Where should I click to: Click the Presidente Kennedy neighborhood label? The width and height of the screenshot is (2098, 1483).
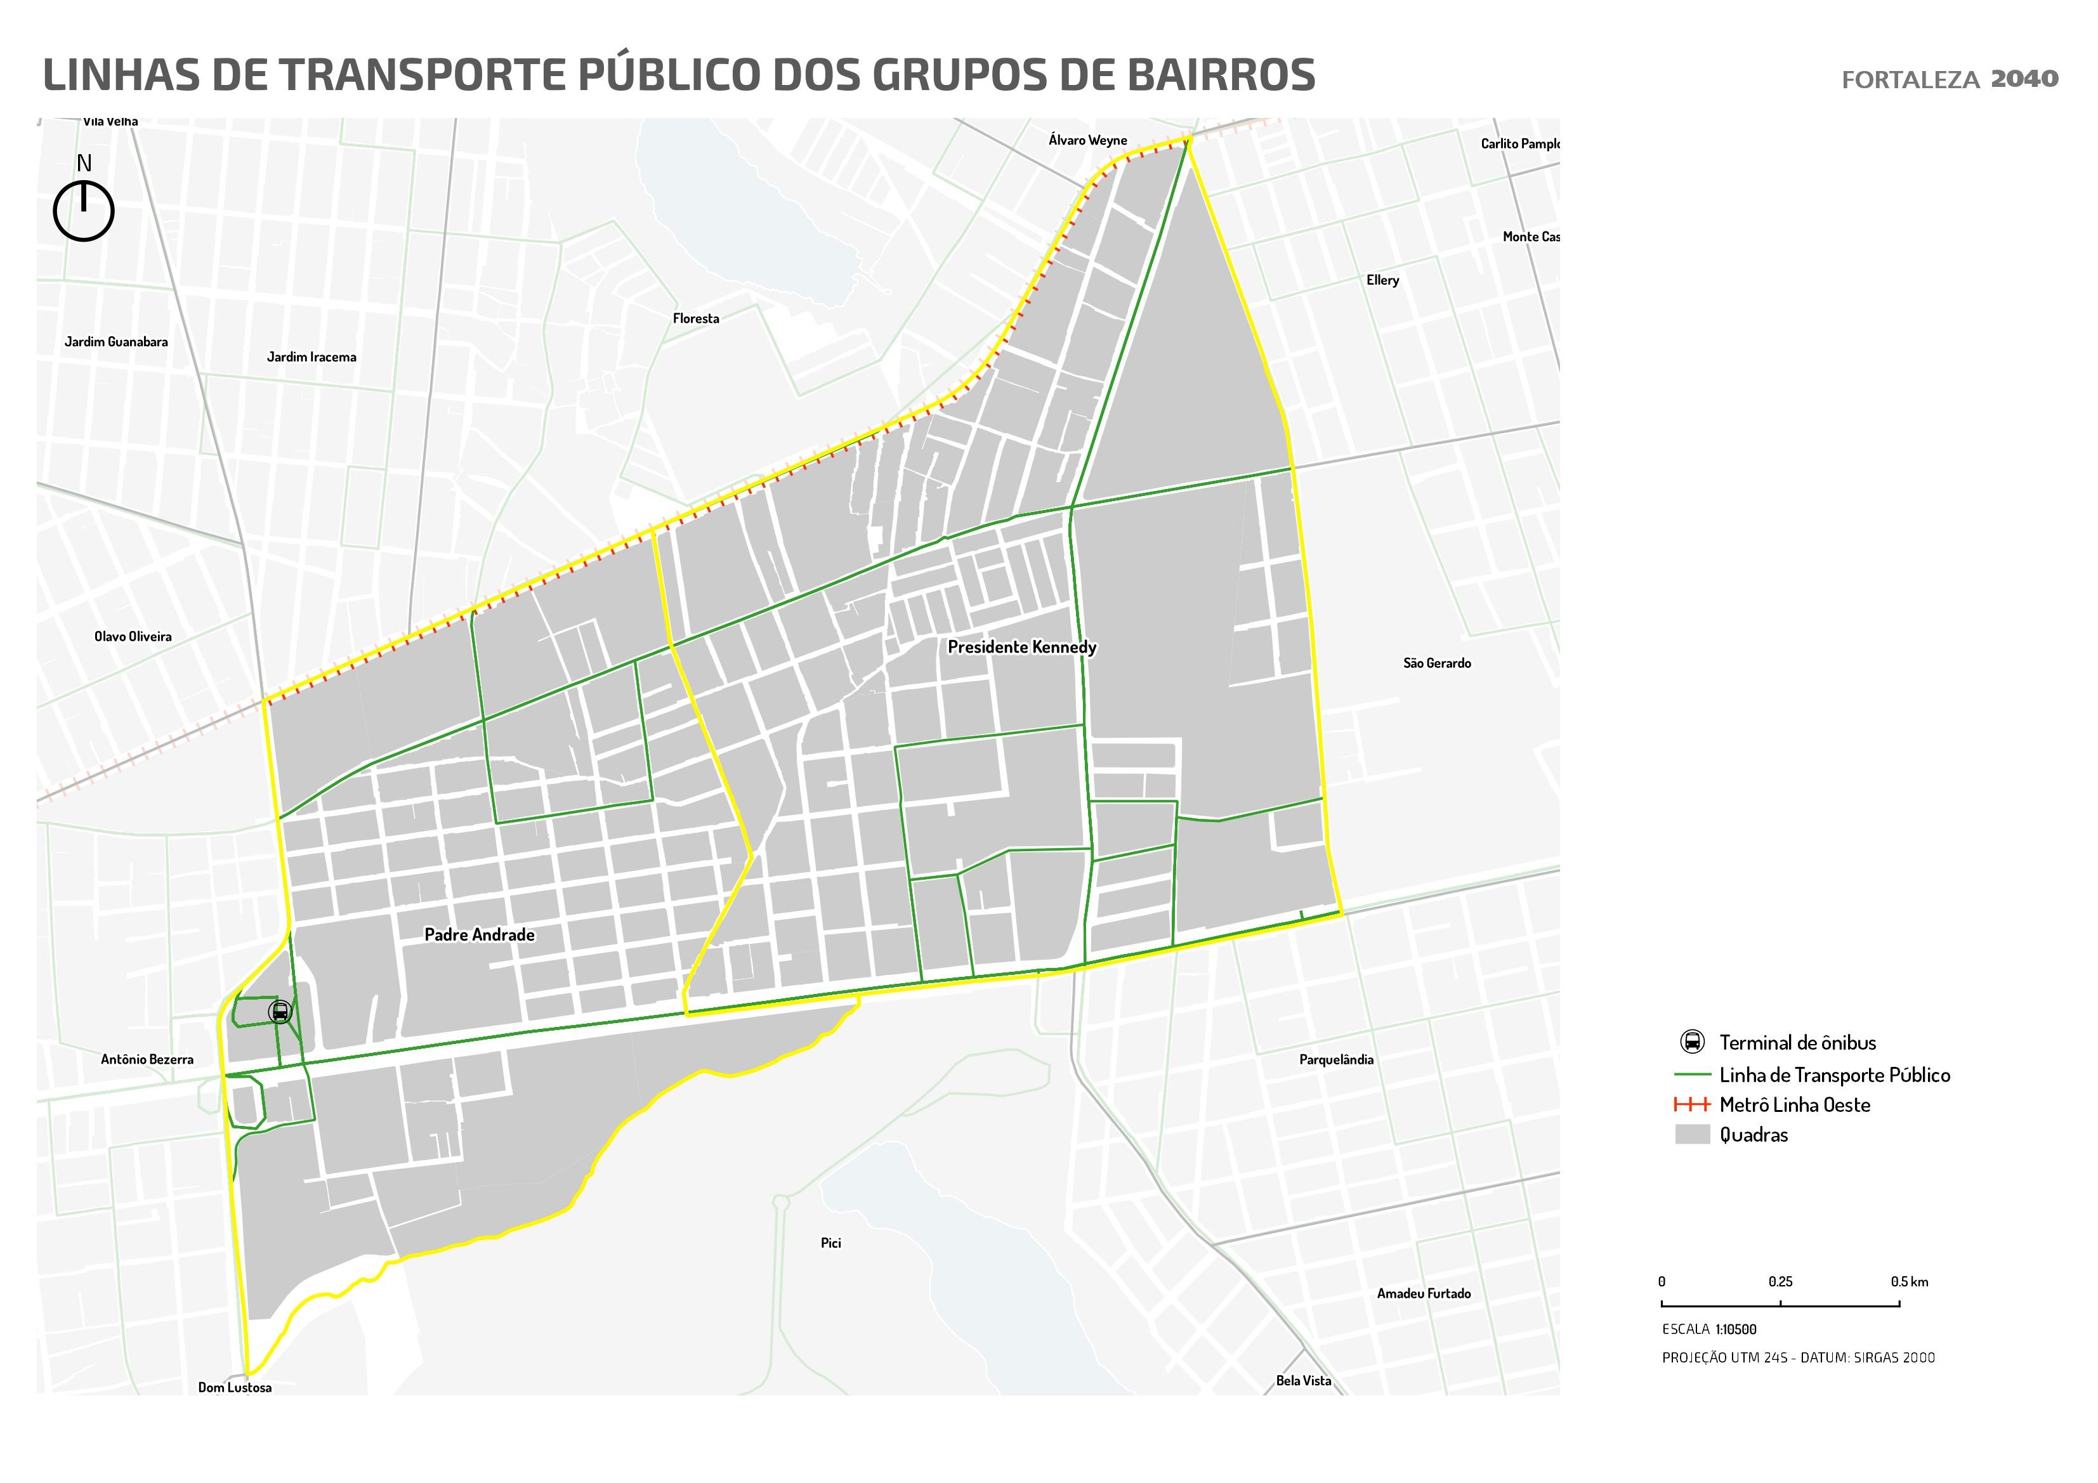pyautogui.click(x=1021, y=647)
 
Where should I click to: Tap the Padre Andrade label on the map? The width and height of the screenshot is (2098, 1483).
pyautogui.click(x=479, y=935)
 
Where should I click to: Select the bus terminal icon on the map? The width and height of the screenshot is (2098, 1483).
pyautogui.click(x=280, y=1012)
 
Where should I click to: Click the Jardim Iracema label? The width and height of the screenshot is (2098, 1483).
pyautogui.click(x=311, y=357)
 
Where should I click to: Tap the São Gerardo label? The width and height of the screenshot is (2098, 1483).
pyautogui.click(x=1436, y=663)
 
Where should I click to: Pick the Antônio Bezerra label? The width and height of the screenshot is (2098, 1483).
pyautogui.click(x=147, y=1060)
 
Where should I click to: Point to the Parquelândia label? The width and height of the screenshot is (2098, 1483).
pyautogui.click(x=1336, y=1060)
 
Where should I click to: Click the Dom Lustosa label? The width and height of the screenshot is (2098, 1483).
pyautogui.click(x=235, y=1387)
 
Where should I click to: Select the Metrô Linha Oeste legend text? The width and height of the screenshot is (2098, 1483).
pyautogui.click(x=1793, y=1105)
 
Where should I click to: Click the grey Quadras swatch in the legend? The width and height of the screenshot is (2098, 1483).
pyautogui.click(x=1691, y=1135)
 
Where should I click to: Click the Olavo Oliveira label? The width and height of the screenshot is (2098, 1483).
pyautogui.click(x=133, y=637)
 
